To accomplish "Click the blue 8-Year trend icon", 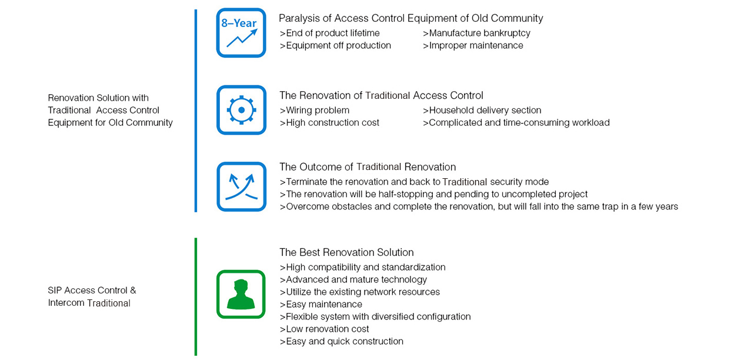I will tap(241, 33).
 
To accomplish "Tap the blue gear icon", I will tap(241, 110).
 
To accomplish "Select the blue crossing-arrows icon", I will tap(241, 186).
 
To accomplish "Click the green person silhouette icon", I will tap(241, 294).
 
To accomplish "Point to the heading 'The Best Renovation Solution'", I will tap(346, 252).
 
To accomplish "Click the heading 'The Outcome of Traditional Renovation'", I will tap(368, 167).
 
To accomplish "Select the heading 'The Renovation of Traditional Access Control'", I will tap(381, 95).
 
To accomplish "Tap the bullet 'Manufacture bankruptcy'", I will tap(476, 33).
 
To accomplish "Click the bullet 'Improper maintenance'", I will tap(473, 45).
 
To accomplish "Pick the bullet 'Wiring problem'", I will tap(315, 110).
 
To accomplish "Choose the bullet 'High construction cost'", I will tap(329, 122).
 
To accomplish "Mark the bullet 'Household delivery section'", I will tap(482, 110).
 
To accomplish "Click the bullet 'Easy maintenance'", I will tap(321, 304).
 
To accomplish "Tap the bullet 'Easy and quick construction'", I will tap(342, 341).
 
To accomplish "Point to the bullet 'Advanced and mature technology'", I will tap(353, 279).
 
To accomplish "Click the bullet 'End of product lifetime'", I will tap(330, 33).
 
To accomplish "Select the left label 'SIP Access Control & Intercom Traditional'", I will tap(92, 296).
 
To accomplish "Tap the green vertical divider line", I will tap(196, 296).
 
